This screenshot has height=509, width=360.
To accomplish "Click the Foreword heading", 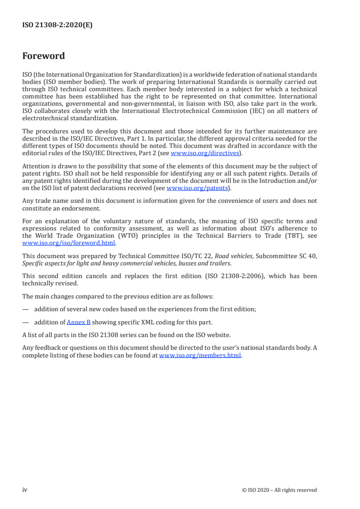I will [44, 56].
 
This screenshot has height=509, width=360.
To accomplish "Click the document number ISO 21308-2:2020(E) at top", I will [57, 26].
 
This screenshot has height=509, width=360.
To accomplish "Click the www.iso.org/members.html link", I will [200, 355].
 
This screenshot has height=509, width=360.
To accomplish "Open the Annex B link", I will [79, 322].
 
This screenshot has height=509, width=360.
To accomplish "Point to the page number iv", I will [25, 490].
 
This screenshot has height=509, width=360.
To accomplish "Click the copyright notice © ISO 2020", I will [279, 490].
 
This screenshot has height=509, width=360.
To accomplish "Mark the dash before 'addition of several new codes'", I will [25, 309].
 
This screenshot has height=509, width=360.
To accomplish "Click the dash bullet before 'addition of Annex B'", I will [25, 322].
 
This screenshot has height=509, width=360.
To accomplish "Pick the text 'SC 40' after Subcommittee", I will [309, 256].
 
